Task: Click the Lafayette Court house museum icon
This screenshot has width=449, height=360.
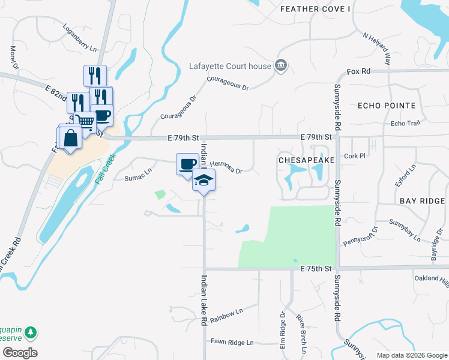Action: pyautogui.click(x=280, y=65)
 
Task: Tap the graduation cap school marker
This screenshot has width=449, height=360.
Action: pyautogui.click(x=203, y=179)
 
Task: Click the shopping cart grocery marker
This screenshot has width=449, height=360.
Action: pyautogui.click(x=86, y=122)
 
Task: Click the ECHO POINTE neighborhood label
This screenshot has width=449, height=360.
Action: pyautogui.click(x=387, y=106)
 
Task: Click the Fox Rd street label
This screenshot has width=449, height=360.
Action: pyautogui.click(x=359, y=71)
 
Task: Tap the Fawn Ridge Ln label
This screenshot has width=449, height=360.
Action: pyautogui.click(x=232, y=342)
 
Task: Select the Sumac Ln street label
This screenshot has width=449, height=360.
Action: pyautogui.click(x=138, y=175)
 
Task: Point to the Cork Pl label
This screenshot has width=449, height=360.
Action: pyautogui.click(x=355, y=155)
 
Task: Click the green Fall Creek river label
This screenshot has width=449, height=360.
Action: pyautogui.click(x=106, y=167)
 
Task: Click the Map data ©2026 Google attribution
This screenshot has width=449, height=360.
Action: pyautogui.click(x=411, y=355)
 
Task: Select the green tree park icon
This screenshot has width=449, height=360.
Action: pyautogui.click(x=29, y=332)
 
